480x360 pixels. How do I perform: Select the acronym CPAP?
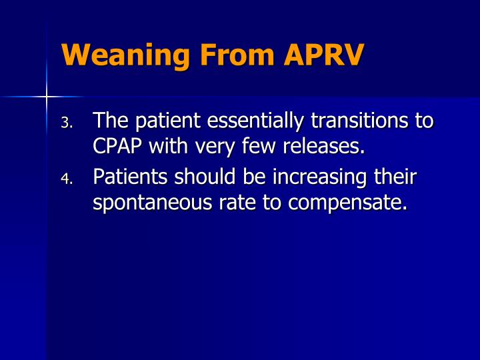click(118, 146)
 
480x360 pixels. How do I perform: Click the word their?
click(397, 177)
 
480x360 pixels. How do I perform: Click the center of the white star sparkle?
click(46, 97)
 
